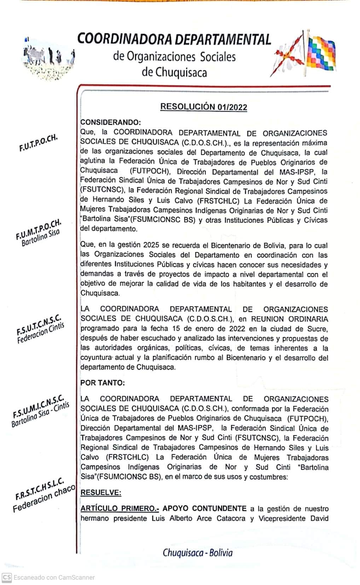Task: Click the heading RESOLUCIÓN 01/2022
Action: pos(204,107)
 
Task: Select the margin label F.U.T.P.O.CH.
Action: pos(38,143)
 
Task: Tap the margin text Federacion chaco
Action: pos(44,499)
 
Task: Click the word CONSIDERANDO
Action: pos(111,123)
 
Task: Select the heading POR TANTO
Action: pos(103,383)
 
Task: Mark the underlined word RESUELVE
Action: pos(101,492)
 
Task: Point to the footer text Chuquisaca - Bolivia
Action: pos(198,552)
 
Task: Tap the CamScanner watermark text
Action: pos(54,578)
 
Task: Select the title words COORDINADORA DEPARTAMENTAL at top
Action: pos(174,39)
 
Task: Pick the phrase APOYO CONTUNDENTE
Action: pos(204,509)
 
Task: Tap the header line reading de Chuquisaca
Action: pos(174,72)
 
